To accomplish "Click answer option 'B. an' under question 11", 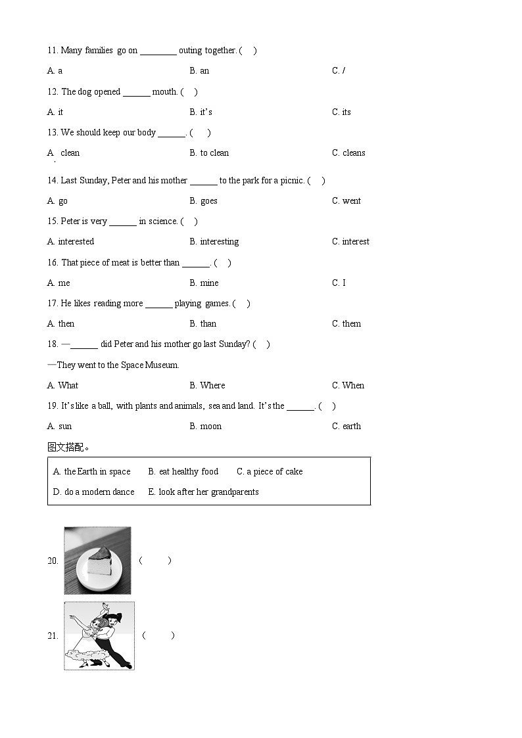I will (x=199, y=71).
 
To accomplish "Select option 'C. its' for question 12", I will (x=341, y=112).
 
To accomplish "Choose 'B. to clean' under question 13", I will (x=209, y=153).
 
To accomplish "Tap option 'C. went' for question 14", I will (x=346, y=201).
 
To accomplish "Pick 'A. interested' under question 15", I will (x=70, y=242).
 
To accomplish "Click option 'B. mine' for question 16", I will (x=204, y=283).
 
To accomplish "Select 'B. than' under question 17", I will (x=202, y=324).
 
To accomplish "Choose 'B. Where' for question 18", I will (x=207, y=386).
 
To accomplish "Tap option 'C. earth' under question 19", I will (x=346, y=427).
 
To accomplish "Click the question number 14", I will (x=53, y=181).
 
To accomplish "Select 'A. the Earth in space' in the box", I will (x=91, y=472).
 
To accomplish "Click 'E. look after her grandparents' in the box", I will (x=203, y=492).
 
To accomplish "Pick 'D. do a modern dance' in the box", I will (x=93, y=492).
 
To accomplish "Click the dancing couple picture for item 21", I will (x=99, y=636).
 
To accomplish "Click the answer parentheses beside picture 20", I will (x=155, y=561).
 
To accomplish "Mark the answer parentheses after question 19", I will (x=327, y=406).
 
